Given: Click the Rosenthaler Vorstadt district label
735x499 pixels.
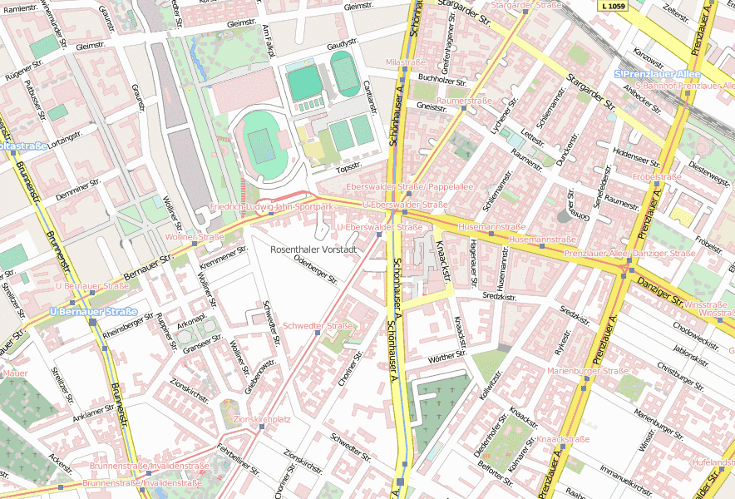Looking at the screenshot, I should [313, 249].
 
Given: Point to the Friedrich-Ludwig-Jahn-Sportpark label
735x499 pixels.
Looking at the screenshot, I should [271, 205].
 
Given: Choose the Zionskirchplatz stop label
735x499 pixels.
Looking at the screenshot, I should [263, 419].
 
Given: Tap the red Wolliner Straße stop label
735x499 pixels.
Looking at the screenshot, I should [195, 236].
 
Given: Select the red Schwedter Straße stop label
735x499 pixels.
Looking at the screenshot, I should [318, 325].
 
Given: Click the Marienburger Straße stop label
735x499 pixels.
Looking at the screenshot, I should [588, 371].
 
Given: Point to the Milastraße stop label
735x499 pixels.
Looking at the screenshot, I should [406, 62].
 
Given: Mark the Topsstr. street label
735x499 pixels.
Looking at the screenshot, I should [348, 167].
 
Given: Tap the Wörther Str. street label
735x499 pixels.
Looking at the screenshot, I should [447, 357].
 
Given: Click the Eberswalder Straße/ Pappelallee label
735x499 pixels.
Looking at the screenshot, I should [409, 186].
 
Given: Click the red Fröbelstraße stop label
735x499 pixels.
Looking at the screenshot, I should [657, 177].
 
